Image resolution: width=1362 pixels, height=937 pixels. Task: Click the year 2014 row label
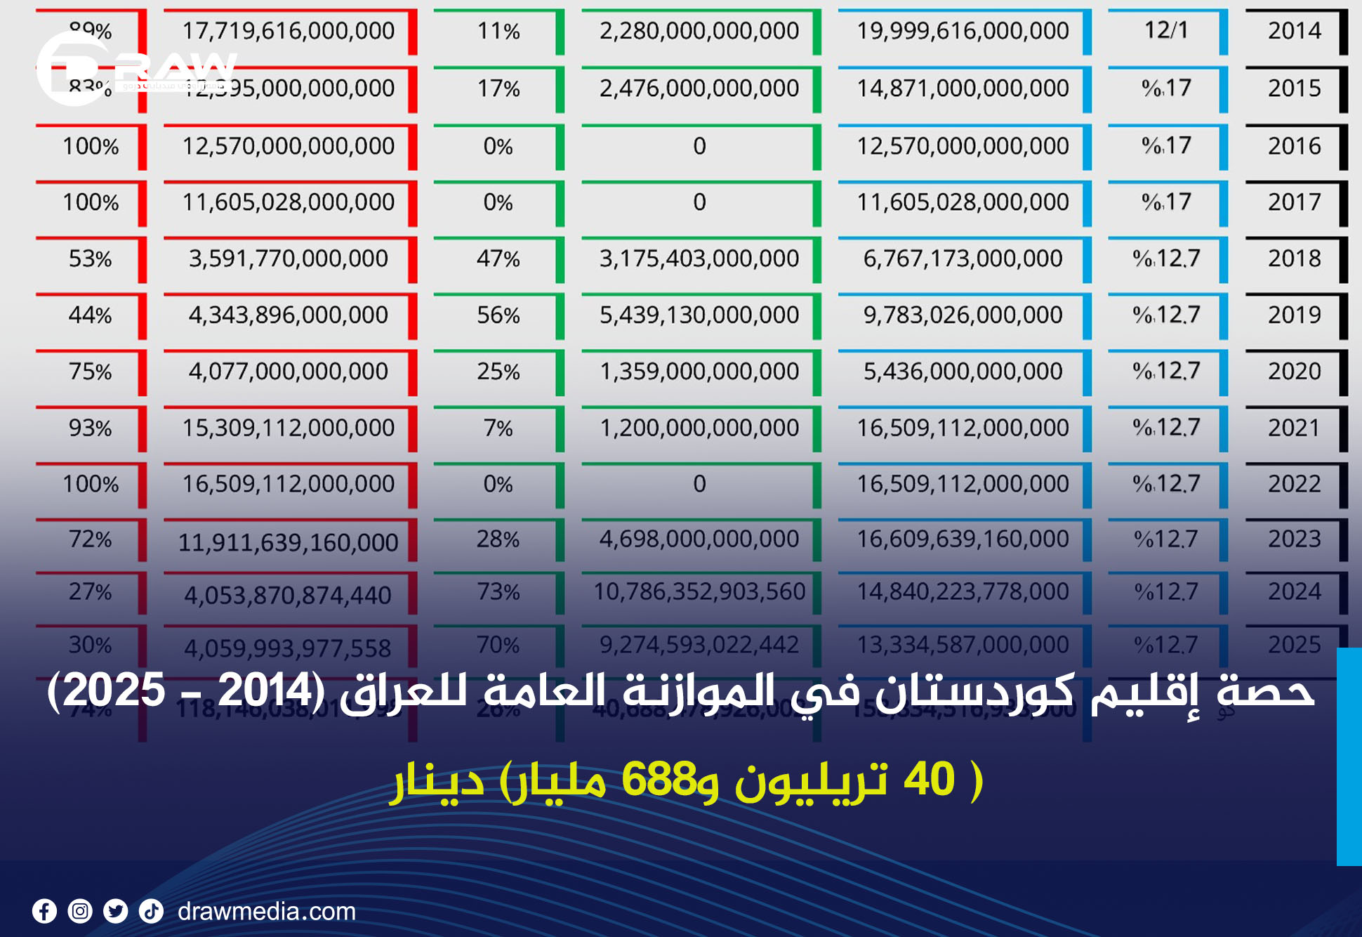(1294, 31)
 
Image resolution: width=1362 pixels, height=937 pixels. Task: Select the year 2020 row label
(1294, 371)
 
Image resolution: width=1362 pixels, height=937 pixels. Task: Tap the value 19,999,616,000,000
(963, 31)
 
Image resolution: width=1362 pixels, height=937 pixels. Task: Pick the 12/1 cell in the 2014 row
(1166, 30)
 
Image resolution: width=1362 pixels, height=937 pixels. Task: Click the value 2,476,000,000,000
(699, 89)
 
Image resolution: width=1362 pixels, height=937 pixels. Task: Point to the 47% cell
(498, 258)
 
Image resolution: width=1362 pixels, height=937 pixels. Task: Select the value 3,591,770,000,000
(288, 258)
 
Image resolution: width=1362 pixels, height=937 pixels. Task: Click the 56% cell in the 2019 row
(498, 315)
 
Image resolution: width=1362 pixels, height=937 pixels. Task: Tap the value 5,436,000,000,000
(963, 371)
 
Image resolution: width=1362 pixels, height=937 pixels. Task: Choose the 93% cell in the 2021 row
(90, 428)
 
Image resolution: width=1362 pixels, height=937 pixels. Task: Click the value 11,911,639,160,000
(288, 542)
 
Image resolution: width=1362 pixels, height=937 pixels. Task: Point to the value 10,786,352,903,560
(699, 591)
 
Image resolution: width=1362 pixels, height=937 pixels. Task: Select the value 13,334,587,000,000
(963, 644)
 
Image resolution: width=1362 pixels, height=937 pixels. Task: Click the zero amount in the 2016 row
(699, 146)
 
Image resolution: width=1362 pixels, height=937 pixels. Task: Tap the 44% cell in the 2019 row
(90, 315)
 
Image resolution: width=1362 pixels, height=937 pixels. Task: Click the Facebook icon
(44, 911)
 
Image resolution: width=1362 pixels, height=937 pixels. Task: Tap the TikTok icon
(151, 911)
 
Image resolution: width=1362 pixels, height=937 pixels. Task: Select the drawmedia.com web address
(267, 911)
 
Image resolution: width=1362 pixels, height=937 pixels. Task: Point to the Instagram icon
(80, 911)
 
